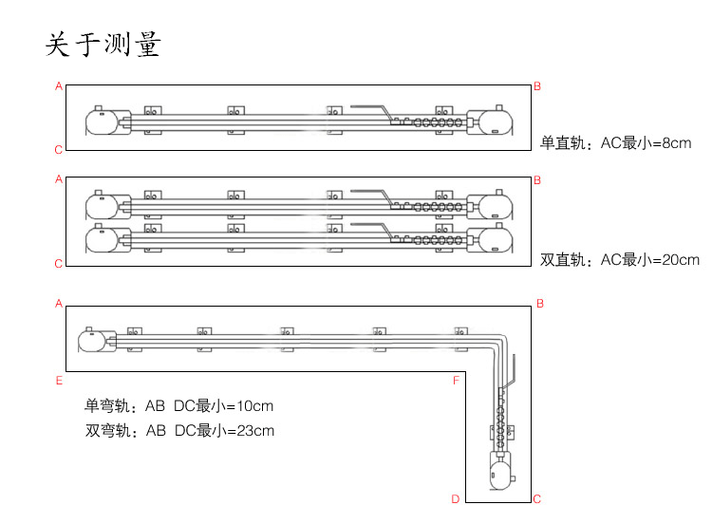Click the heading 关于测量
click(x=103, y=44)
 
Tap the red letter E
click(x=59, y=381)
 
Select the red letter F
click(x=457, y=380)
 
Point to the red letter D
click(x=456, y=498)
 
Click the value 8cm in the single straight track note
click(x=677, y=143)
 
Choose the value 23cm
click(x=255, y=430)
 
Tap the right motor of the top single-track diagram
click(x=490, y=122)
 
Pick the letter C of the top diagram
click(x=58, y=150)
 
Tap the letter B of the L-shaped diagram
click(x=540, y=304)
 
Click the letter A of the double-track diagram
click(x=59, y=179)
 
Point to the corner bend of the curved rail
click(x=498, y=342)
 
